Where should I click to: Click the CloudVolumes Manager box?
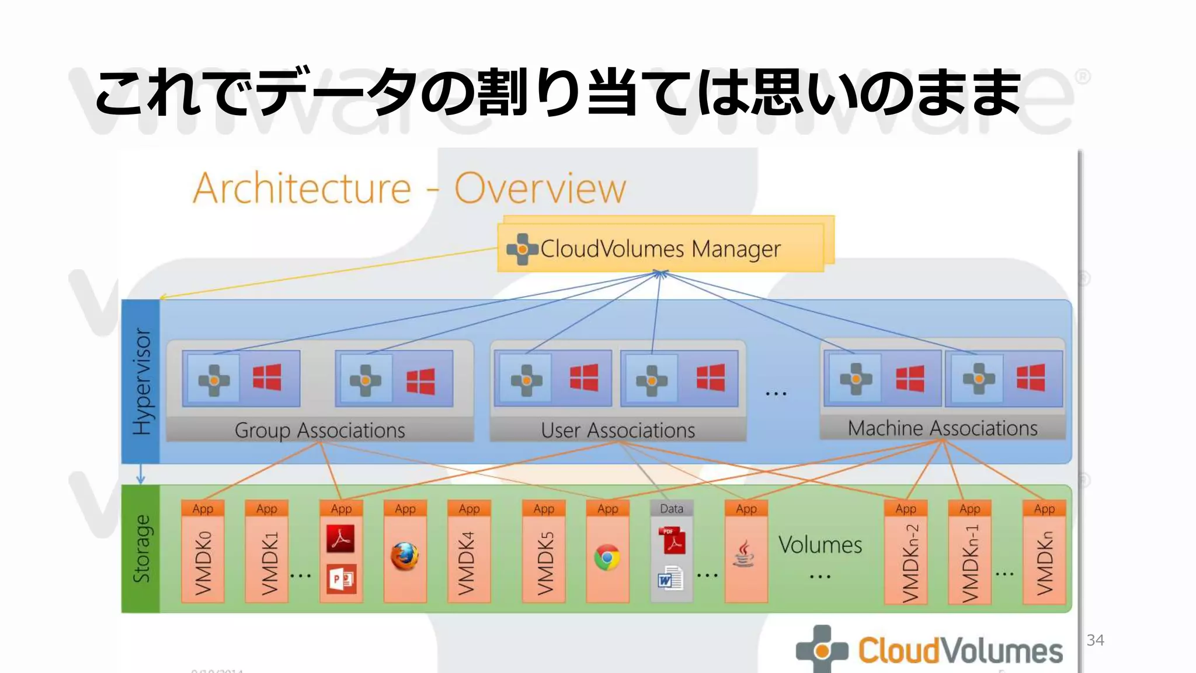pyautogui.click(x=660, y=248)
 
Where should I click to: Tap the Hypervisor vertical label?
pyautogui.click(x=141, y=381)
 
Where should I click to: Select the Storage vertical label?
pyautogui.click(x=141, y=549)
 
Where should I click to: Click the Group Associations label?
pyautogui.click(x=319, y=431)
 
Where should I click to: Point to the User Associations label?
pyautogui.click(x=618, y=431)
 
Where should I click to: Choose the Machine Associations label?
pyautogui.click(x=943, y=428)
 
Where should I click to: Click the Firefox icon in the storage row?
pyautogui.click(x=405, y=556)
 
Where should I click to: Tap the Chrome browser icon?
pyautogui.click(x=607, y=557)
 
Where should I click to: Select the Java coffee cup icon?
pyautogui.click(x=744, y=554)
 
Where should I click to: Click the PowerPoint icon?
pyautogui.click(x=341, y=579)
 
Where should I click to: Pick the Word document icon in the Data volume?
pyautogui.click(x=670, y=579)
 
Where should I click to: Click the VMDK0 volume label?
pyautogui.click(x=203, y=562)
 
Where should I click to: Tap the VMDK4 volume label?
pyautogui.click(x=468, y=562)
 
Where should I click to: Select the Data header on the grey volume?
pyautogui.click(x=671, y=509)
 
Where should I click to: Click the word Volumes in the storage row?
pyautogui.click(x=820, y=545)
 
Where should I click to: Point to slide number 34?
pyautogui.click(x=1095, y=640)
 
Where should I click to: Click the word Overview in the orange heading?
pyautogui.click(x=540, y=189)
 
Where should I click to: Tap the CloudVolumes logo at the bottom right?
pyautogui.click(x=930, y=650)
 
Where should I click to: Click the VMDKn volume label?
pyautogui.click(x=1044, y=562)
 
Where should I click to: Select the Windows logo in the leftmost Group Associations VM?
pyautogui.click(x=267, y=377)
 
